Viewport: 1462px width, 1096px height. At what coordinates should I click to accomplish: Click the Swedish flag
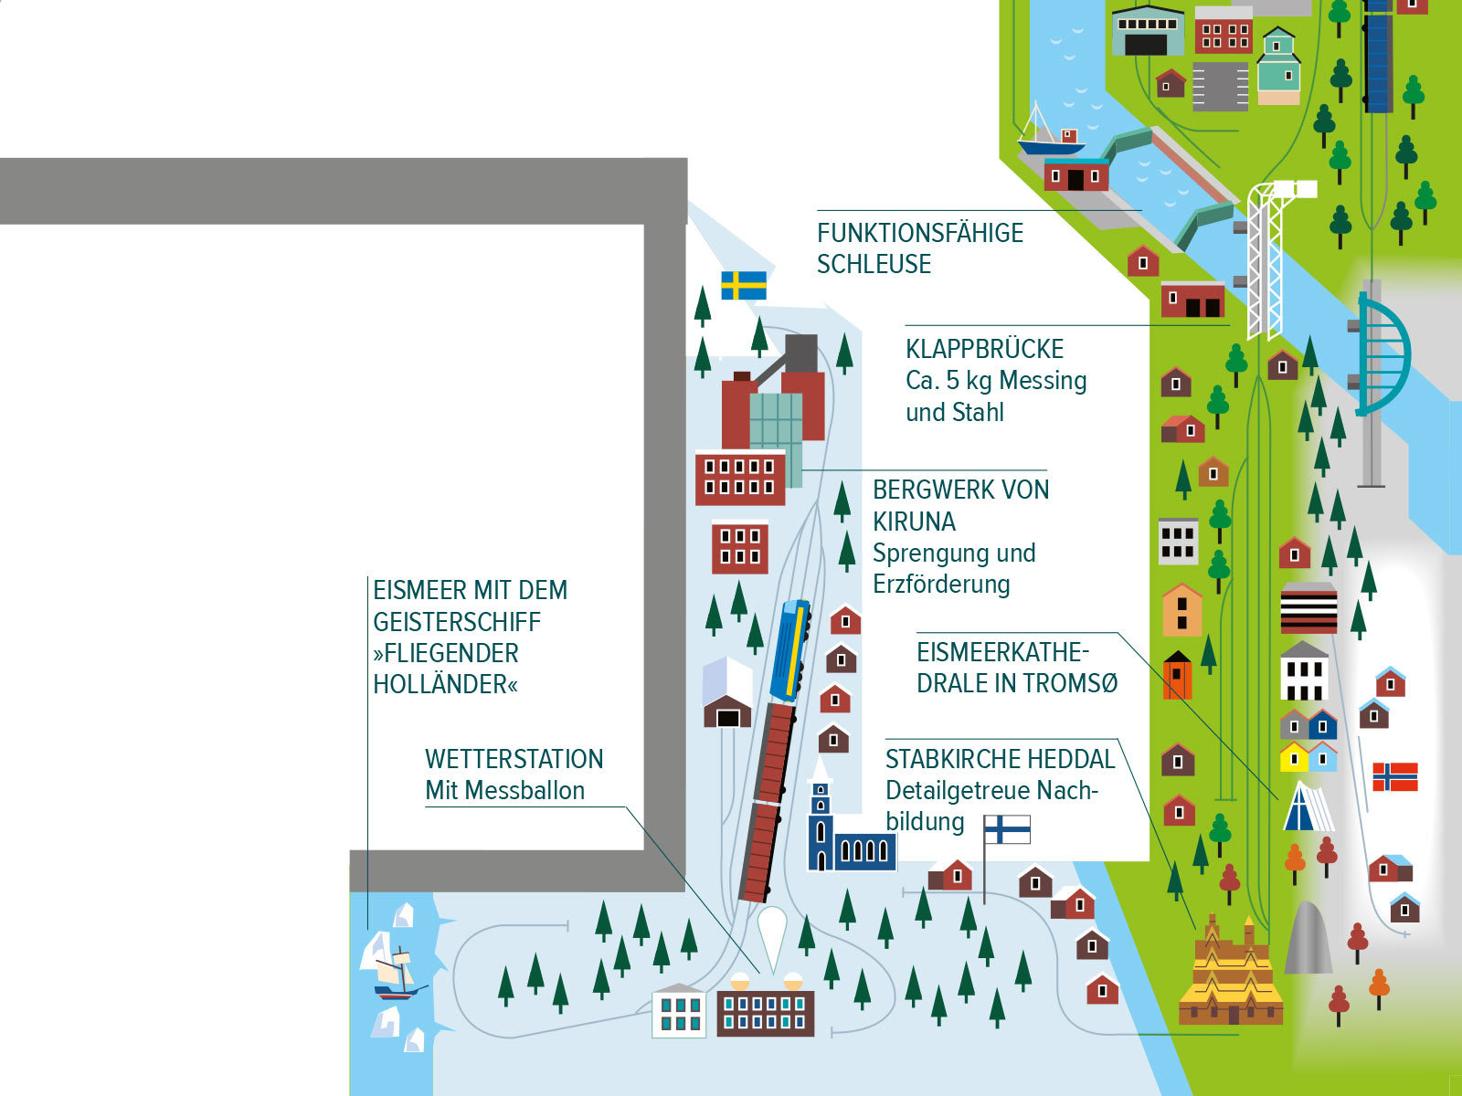pos(743,286)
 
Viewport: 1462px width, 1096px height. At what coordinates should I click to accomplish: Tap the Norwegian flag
pos(1394,776)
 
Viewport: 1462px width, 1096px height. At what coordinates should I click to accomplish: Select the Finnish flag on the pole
pos(1007,829)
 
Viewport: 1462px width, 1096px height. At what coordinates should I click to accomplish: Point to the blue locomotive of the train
pos(790,650)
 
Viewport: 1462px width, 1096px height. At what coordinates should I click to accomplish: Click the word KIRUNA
pos(914,522)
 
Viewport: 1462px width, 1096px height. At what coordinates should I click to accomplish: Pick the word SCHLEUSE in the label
pos(874,264)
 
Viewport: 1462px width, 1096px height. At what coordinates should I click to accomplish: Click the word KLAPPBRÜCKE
pos(984,349)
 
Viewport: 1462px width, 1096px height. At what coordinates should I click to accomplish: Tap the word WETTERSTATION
pos(514,759)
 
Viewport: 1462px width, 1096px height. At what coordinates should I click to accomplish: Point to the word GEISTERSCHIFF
pos(457,622)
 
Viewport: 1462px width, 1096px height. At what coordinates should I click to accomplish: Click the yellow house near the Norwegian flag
pos(1294,757)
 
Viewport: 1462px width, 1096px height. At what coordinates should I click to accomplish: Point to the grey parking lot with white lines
pos(1220,87)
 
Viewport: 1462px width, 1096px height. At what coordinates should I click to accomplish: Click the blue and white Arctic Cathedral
pos(1308,807)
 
